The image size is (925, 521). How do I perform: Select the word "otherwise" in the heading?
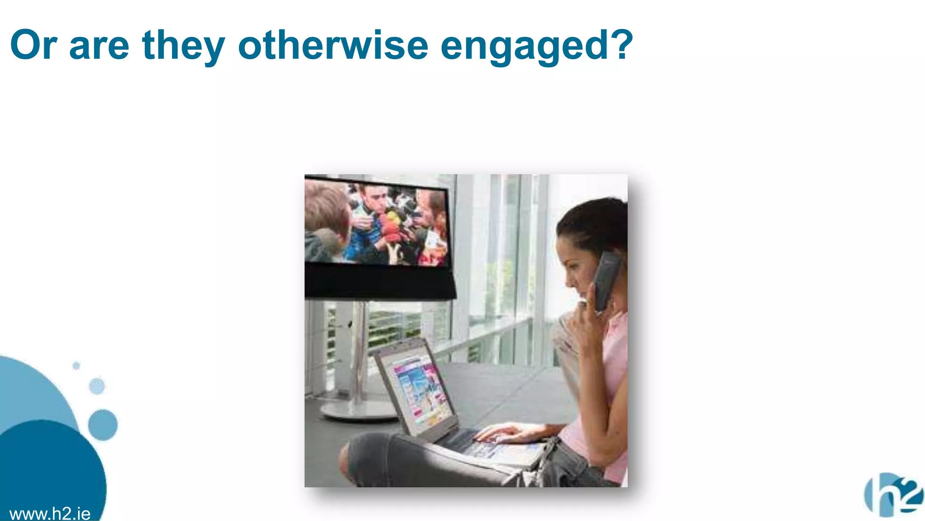(x=333, y=45)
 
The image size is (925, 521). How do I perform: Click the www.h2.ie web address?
(x=50, y=514)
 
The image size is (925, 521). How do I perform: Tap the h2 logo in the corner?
(x=893, y=495)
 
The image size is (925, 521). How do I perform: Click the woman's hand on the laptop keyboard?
(x=501, y=434)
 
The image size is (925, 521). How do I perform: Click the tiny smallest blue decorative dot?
(x=76, y=365)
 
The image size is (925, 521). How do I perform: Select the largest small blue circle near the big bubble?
(x=103, y=425)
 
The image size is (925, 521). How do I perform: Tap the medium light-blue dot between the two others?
(x=97, y=386)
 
